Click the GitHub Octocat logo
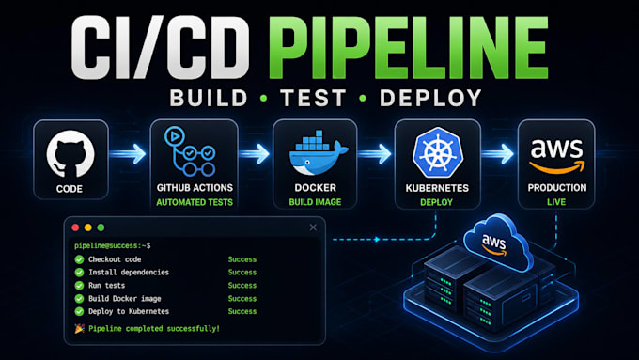click(70, 154)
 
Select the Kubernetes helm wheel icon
click(438, 152)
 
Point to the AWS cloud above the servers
click(498, 243)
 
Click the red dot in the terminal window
click(75, 227)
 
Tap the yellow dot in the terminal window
click(88, 227)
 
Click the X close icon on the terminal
click(313, 227)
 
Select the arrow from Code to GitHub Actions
click(128, 154)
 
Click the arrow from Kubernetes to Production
click(498, 154)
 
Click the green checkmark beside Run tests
click(79, 286)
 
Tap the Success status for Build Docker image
click(242, 299)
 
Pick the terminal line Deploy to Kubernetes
click(129, 311)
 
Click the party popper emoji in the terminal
click(80, 328)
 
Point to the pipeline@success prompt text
click(113, 245)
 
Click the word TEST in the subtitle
click(313, 99)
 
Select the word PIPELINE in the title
click(409, 48)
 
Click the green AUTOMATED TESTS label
click(195, 202)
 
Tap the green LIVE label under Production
click(556, 202)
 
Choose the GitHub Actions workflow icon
click(190, 150)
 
